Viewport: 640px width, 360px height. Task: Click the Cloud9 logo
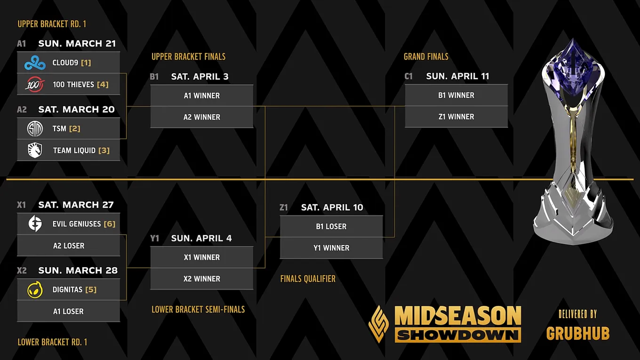click(x=35, y=63)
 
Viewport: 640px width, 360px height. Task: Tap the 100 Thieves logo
click(x=35, y=84)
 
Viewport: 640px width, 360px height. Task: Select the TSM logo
click(x=35, y=128)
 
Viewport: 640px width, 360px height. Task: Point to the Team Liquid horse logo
click(x=35, y=150)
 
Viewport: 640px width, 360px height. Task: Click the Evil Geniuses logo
click(x=35, y=224)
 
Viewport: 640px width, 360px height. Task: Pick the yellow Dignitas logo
click(x=35, y=289)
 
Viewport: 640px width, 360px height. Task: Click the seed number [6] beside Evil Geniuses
click(x=110, y=224)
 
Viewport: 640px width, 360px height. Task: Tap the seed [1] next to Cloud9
click(x=86, y=63)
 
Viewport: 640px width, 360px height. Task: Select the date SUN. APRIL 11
click(x=458, y=76)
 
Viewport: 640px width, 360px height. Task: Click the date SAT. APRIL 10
click(x=332, y=207)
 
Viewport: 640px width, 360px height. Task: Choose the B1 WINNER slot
click(x=456, y=95)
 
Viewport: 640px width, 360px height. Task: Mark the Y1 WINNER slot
click(x=331, y=248)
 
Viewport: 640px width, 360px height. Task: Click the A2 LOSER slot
click(x=69, y=246)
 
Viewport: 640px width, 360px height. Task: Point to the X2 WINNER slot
click(x=202, y=279)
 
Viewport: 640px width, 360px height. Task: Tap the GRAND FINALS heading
click(x=426, y=56)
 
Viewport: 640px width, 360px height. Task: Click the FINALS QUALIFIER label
click(x=308, y=279)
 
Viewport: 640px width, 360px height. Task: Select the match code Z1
click(x=284, y=207)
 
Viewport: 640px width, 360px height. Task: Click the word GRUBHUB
click(x=578, y=333)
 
